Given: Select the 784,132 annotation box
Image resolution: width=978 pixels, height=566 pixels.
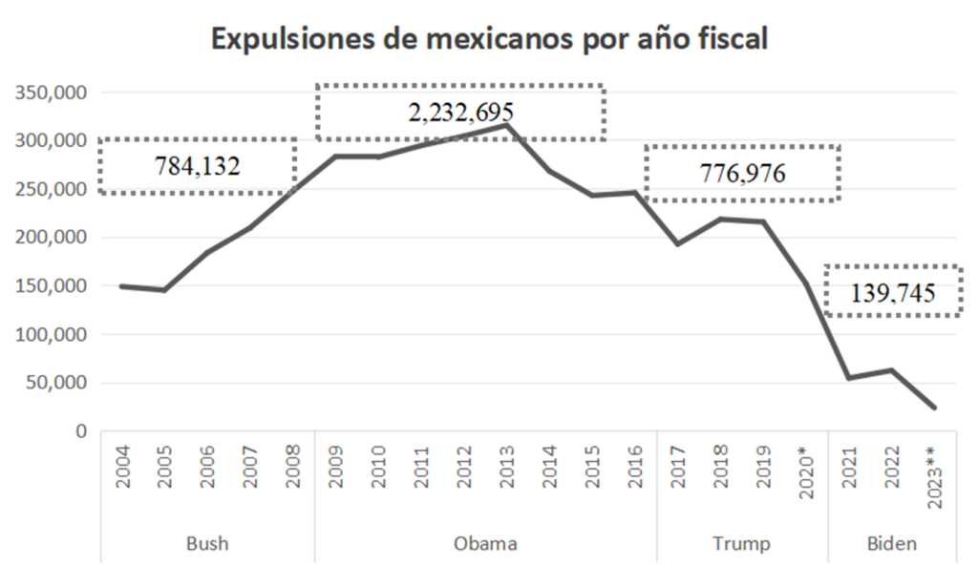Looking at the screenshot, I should (x=198, y=166).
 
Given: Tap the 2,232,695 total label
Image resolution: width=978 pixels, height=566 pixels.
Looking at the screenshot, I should (x=460, y=113).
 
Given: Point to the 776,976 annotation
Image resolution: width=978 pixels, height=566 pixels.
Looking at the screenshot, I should (x=742, y=173).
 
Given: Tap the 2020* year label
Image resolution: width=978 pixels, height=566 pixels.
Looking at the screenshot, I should (x=806, y=472).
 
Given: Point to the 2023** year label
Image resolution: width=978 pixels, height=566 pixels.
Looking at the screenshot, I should (x=935, y=474).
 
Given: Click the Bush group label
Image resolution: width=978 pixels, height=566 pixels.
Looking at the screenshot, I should (x=207, y=544).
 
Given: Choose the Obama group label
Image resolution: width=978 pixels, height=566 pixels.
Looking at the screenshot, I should (x=485, y=544).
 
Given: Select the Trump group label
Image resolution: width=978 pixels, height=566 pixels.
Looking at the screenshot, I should (x=741, y=544).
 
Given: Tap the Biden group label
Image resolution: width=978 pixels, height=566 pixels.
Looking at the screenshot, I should (x=892, y=544).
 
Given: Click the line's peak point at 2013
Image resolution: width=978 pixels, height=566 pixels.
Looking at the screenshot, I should (x=507, y=125).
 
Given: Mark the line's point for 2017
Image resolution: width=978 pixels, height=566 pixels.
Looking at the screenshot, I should (x=678, y=244).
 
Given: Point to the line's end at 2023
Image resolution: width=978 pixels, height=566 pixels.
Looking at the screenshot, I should (x=935, y=409).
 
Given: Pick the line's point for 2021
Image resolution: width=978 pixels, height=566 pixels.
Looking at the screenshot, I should (x=849, y=378).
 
